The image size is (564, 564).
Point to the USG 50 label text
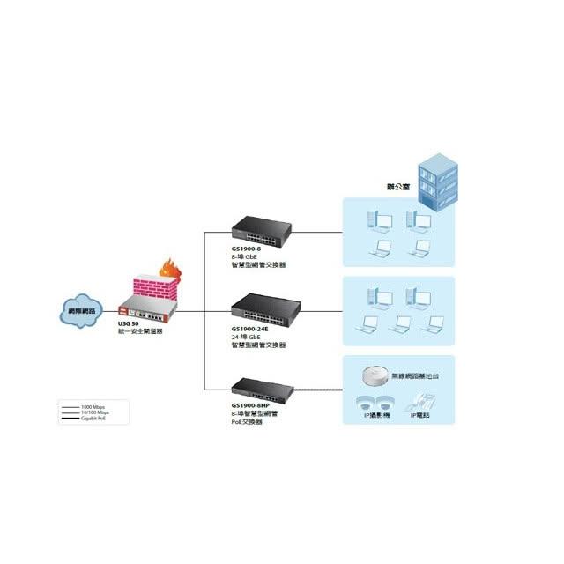[129, 324]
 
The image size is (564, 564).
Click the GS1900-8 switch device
[261, 231]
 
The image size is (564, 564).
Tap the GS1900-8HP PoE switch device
[262, 386]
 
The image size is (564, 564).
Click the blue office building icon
[438, 180]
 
